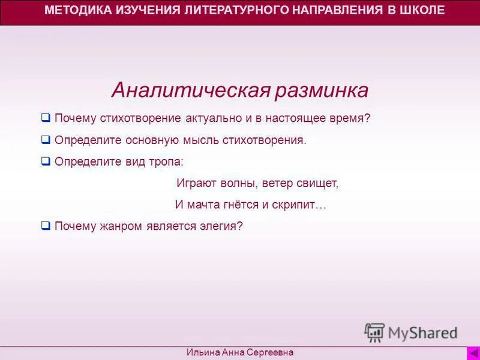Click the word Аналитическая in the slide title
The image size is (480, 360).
(x=190, y=91)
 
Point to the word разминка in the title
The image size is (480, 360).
(x=322, y=91)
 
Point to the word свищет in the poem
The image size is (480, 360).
(x=318, y=184)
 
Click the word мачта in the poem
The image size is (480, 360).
(x=203, y=205)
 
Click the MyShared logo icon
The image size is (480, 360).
(x=374, y=332)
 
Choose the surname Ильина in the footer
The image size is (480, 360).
(x=202, y=353)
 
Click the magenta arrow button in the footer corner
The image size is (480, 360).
(x=472, y=353)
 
